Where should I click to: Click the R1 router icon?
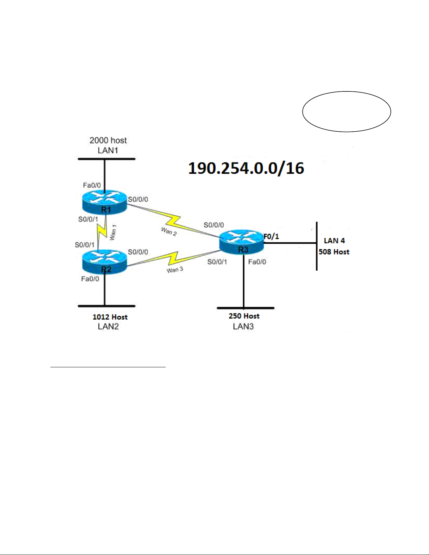105,202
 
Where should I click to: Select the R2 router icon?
105,262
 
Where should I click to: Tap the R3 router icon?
242,242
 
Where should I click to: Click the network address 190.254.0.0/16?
246,168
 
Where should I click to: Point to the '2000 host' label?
108,140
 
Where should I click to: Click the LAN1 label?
108,151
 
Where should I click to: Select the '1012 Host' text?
110,317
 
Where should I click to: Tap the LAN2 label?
108,326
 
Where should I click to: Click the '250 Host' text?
244,316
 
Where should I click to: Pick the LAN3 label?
243,326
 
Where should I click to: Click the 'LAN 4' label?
334,241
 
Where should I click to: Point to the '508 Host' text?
334,252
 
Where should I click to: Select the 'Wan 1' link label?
113,233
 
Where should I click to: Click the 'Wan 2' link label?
169,231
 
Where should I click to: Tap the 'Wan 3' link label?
175,270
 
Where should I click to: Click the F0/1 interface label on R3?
271,236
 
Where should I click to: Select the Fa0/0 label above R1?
92,185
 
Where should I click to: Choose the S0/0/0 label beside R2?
138,252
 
